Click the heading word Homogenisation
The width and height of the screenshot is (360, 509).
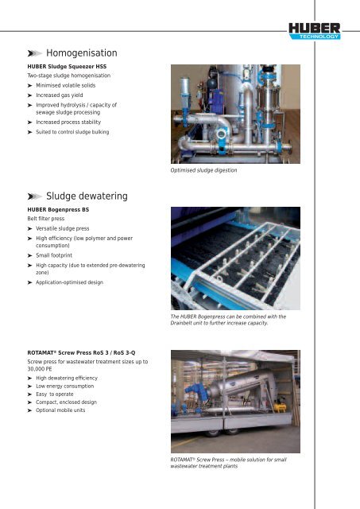click(82, 52)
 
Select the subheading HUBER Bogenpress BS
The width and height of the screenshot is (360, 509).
click(63, 209)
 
